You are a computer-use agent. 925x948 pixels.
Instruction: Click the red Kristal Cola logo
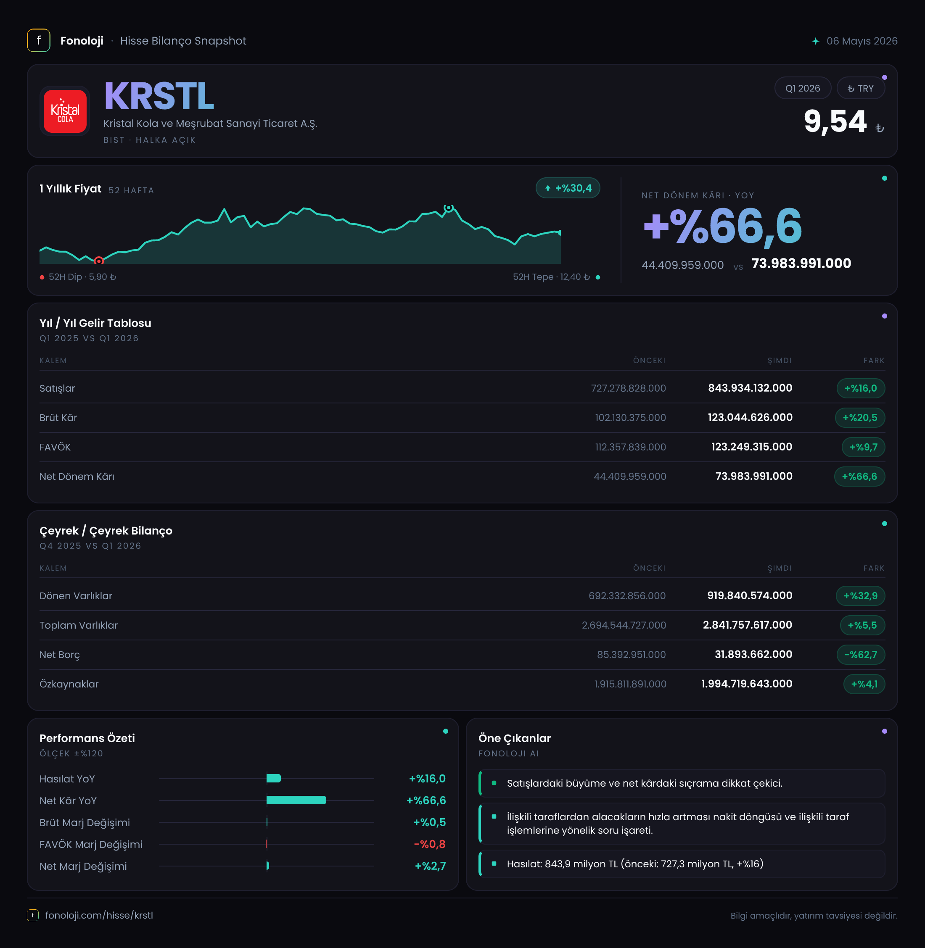point(65,111)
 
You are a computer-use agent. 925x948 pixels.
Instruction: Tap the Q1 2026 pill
point(803,88)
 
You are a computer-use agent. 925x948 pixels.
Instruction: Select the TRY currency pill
point(860,88)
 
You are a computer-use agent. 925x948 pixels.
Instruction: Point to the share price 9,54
point(835,121)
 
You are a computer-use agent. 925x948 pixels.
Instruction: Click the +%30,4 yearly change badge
point(568,188)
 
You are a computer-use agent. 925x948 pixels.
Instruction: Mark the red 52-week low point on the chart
point(99,261)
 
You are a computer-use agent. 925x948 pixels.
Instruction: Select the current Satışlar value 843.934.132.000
point(750,388)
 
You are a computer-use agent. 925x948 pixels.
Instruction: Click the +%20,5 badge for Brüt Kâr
point(860,418)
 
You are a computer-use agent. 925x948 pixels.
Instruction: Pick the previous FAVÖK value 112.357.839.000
point(631,447)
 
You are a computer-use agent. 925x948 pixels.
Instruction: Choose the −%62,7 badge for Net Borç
point(861,655)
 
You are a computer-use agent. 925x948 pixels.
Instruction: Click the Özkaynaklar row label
point(69,684)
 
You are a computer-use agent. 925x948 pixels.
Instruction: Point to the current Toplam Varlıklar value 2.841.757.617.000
point(748,625)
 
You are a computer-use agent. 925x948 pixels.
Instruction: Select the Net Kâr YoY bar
point(296,801)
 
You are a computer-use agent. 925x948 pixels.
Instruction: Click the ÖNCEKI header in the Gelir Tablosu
point(649,361)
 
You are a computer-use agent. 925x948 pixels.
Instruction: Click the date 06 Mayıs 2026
point(862,41)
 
